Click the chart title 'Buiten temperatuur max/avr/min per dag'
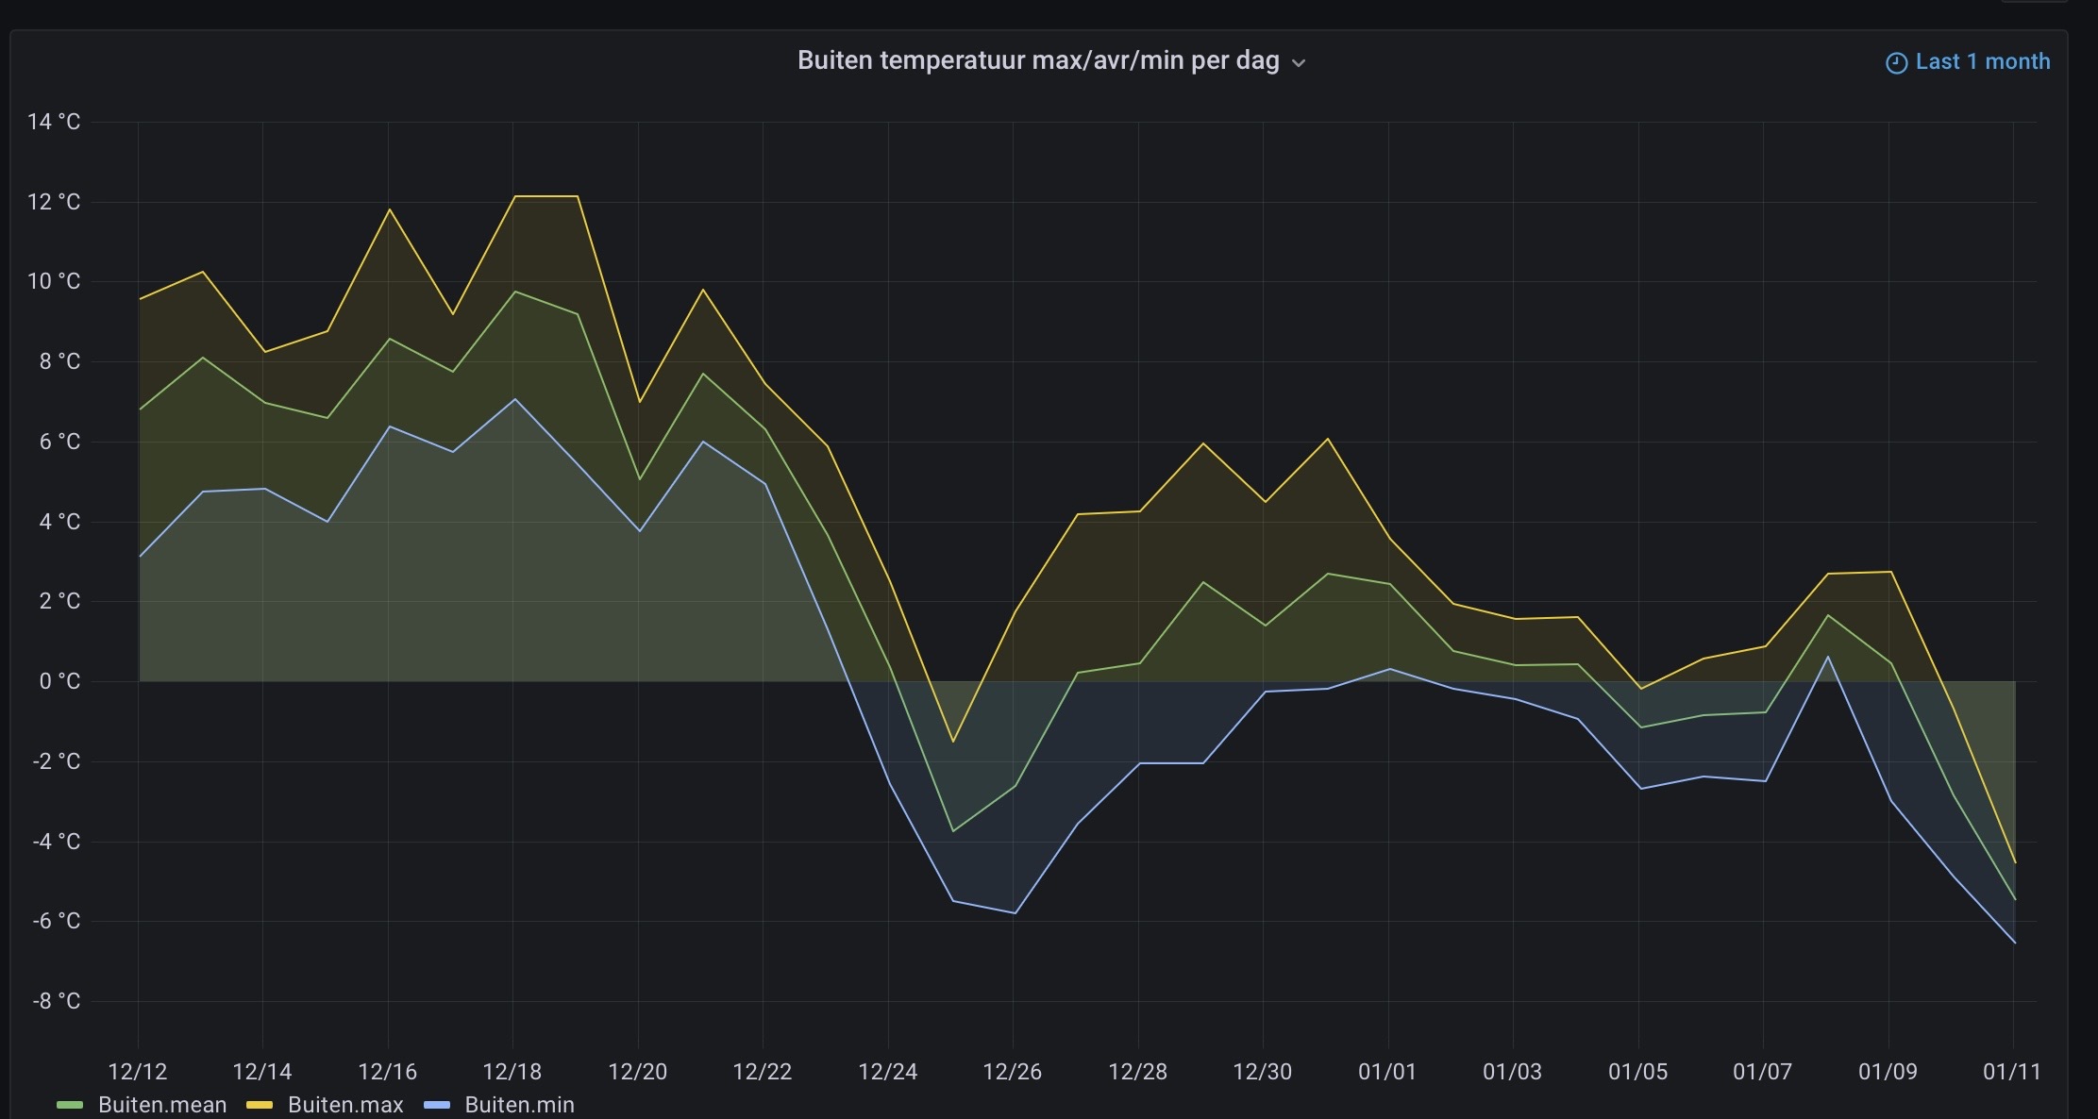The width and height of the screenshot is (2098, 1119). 1038,61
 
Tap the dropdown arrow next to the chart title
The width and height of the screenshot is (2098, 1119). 1299,63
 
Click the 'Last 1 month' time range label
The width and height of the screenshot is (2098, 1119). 1982,62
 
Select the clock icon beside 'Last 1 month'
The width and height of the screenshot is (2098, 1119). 1896,63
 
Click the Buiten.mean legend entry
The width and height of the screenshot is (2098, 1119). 161,1105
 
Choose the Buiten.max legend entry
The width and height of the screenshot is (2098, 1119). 344,1105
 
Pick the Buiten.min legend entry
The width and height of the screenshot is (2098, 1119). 519,1105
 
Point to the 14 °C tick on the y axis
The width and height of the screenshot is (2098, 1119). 54,122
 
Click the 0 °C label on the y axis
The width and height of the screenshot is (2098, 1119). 59,681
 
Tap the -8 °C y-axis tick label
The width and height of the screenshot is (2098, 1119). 56,1001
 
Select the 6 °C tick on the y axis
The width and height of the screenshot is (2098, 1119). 59,442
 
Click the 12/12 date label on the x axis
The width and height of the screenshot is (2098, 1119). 138,1072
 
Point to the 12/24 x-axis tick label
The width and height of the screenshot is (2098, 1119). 887,1072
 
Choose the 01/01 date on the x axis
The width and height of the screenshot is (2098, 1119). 1387,1072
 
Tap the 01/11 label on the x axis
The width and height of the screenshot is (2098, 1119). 2011,1072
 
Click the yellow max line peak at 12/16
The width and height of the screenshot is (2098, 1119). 389,209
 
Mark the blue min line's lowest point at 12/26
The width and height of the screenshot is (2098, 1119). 1015,912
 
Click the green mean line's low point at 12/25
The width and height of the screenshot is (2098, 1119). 952,831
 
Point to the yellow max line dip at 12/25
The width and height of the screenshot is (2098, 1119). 952,742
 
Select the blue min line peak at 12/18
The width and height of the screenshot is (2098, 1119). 514,399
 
